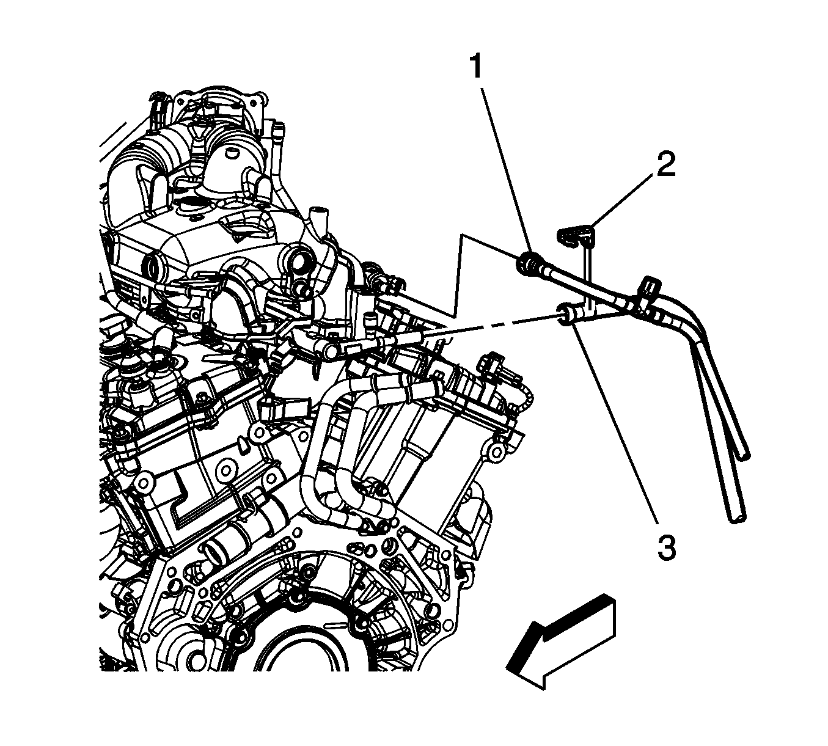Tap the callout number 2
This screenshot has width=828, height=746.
pos(665,164)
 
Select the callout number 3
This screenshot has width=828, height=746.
pos(667,547)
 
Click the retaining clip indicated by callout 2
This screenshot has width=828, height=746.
pos(575,236)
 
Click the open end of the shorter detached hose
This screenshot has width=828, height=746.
pos(744,455)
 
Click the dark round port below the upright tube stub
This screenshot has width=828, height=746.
pos(298,261)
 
